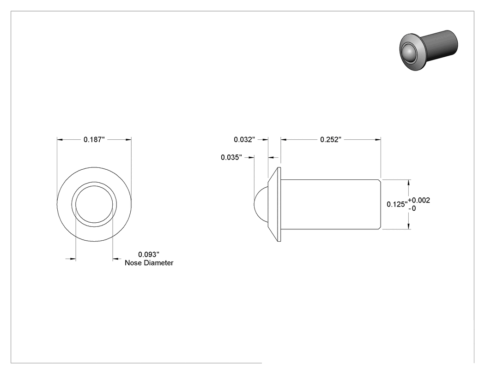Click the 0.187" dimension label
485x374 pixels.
click(94, 140)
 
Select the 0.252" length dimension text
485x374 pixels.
click(331, 140)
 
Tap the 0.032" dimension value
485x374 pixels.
click(244, 140)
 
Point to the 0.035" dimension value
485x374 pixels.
click(231, 158)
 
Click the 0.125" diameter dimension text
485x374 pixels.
click(397, 204)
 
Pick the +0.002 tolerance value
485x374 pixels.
click(419, 201)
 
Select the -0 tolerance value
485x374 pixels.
click(412, 209)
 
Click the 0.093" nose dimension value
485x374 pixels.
click(149, 255)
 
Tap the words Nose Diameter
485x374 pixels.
click(149, 263)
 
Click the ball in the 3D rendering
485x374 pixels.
click(408, 53)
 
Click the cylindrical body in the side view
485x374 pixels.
click(331, 204)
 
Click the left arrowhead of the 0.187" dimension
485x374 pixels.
click(60, 140)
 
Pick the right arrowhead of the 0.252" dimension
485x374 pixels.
click(378, 140)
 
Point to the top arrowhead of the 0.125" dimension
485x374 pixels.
click(409, 183)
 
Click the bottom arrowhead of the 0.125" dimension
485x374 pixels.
click(409, 226)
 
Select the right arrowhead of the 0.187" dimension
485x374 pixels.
click(128, 140)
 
